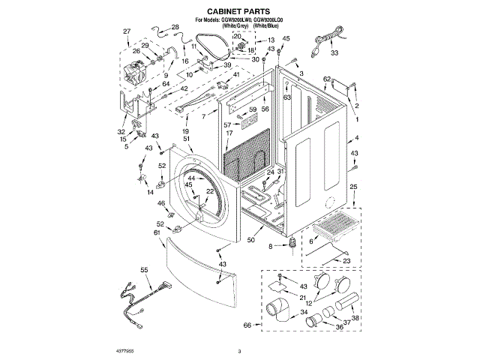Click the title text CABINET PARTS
tap(239, 13)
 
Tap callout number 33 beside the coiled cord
tap(334, 53)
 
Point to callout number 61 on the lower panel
tap(157, 233)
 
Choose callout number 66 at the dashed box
tap(247, 325)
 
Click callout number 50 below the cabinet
tap(250, 240)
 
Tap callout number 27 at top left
tap(126, 31)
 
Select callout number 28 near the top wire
tap(175, 28)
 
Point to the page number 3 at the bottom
tap(239, 349)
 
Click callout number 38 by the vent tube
tap(355, 317)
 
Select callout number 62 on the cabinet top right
tap(326, 79)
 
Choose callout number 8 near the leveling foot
tap(270, 246)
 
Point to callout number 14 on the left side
tap(129, 193)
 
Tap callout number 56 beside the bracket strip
tap(264, 109)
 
